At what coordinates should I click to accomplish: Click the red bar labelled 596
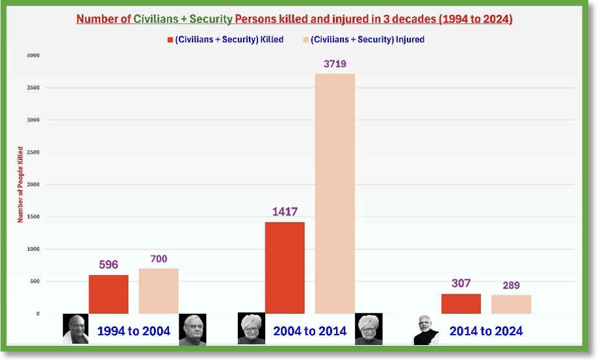(109, 294)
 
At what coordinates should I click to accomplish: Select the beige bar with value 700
(159, 291)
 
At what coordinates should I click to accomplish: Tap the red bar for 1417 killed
(285, 268)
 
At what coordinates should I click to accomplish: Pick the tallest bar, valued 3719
(335, 194)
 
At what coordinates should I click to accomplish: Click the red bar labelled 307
(461, 303)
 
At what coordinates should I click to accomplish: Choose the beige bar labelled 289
(512, 304)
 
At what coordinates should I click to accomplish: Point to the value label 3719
(335, 64)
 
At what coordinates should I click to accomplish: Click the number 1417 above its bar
(285, 212)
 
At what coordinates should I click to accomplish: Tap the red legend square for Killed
(170, 40)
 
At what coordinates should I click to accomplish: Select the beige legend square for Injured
(306, 40)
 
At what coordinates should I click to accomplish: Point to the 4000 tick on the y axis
(33, 55)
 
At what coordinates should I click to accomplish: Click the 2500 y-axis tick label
(33, 152)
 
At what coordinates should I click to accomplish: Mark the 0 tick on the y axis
(38, 314)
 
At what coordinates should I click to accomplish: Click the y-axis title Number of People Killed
(20, 185)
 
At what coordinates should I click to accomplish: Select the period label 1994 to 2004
(133, 331)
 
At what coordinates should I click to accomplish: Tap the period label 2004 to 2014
(309, 331)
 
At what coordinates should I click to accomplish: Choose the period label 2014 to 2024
(486, 331)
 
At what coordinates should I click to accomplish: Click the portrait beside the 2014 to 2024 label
(426, 330)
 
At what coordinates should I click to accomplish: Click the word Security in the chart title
(211, 19)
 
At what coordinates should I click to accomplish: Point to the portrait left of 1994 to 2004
(75, 329)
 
